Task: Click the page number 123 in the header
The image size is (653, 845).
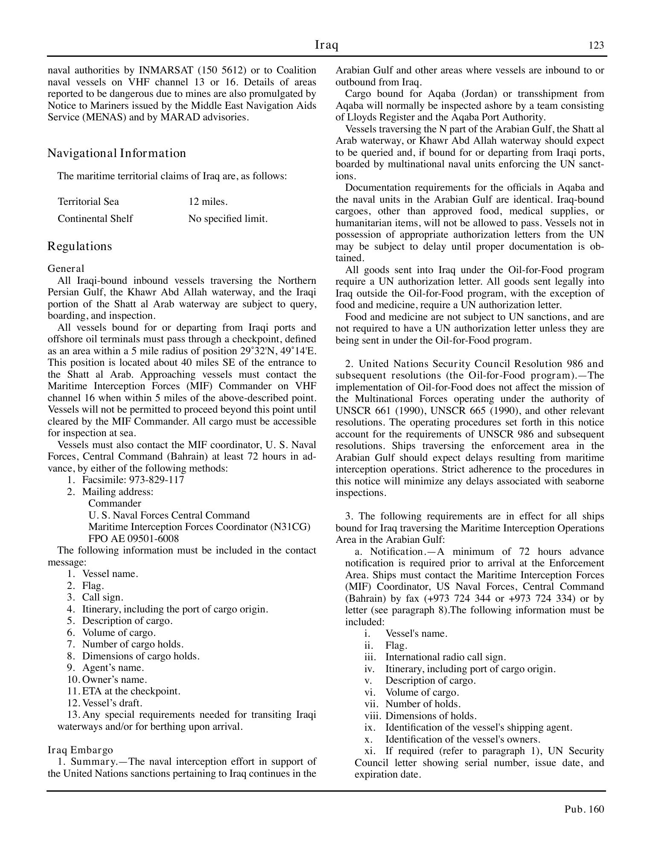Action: coord(596,46)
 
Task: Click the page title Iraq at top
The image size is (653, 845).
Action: coord(326,45)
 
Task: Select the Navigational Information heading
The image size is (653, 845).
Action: coord(117,153)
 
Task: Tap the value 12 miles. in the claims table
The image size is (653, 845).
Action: coord(208,201)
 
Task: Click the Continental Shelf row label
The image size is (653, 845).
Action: coord(95,219)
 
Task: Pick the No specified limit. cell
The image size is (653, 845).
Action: coord(228,219)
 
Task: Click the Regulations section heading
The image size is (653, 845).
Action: coord(79,246)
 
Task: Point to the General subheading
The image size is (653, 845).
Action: coord(66,268)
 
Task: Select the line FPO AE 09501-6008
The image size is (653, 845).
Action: coord(133,539)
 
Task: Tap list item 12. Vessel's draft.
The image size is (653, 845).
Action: coord(112,702)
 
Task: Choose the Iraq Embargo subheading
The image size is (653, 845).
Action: coord(80,750)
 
